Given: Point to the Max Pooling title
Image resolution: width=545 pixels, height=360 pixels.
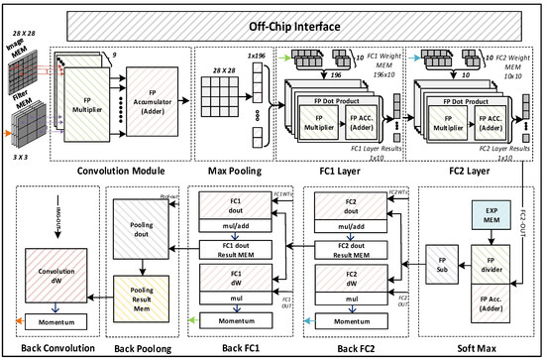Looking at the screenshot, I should tap(235, 171).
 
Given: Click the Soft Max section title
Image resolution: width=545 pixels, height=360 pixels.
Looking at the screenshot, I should tap(477, 348).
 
